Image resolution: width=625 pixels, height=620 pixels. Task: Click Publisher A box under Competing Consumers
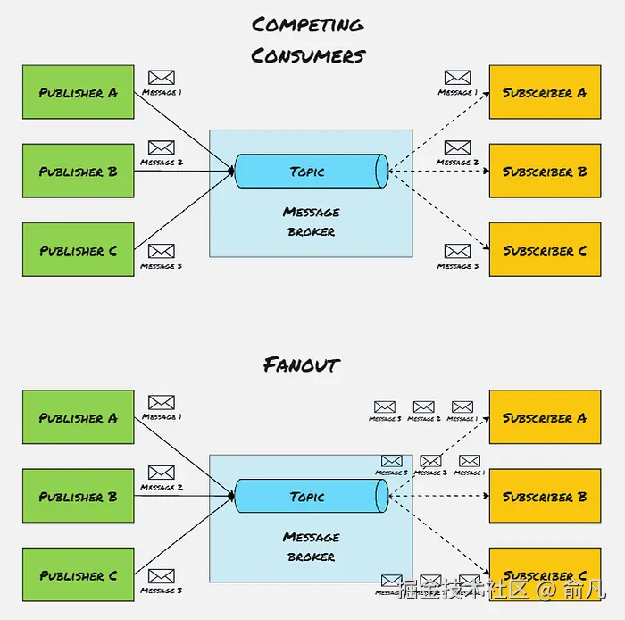coord(79,92)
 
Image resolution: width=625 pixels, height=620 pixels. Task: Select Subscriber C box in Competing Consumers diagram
coord(544,250)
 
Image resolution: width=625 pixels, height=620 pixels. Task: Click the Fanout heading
coord(302,364)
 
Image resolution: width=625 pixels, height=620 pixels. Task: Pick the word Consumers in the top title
coord(309,55)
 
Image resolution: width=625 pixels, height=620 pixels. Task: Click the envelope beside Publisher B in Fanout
coord(161,473)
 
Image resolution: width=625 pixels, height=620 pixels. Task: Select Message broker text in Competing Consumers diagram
coord(311,222)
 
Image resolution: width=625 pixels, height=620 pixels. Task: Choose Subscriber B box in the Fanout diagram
coord(544,496)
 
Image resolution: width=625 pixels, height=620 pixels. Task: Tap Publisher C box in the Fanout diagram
coord(79,574)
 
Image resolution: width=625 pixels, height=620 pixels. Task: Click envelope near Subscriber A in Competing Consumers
coord(457,79)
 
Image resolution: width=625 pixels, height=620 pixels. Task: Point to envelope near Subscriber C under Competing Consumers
coord(457,251)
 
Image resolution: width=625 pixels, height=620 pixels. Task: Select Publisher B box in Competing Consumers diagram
coord(79,171)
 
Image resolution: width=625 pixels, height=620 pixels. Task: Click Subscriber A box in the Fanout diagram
coord(544,417)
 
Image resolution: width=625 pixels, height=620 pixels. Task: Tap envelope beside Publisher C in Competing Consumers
coord(161,251)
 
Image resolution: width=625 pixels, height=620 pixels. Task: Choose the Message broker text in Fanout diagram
coord(311,547)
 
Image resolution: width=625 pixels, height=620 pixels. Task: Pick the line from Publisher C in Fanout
coord(183,536)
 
